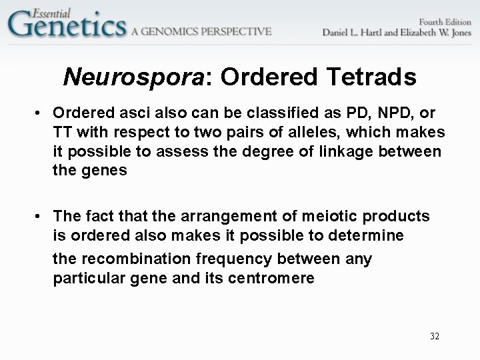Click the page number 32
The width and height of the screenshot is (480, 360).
point(435,336)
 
